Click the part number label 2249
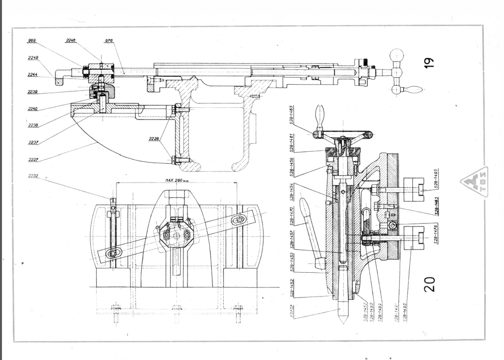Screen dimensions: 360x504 (33, 58)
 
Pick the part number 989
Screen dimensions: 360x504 (32, 40)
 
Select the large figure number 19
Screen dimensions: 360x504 (428, 62)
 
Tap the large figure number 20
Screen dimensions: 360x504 (429, 284)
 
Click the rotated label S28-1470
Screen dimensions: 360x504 (293, 221)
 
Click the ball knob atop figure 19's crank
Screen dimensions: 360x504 (397, 54)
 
